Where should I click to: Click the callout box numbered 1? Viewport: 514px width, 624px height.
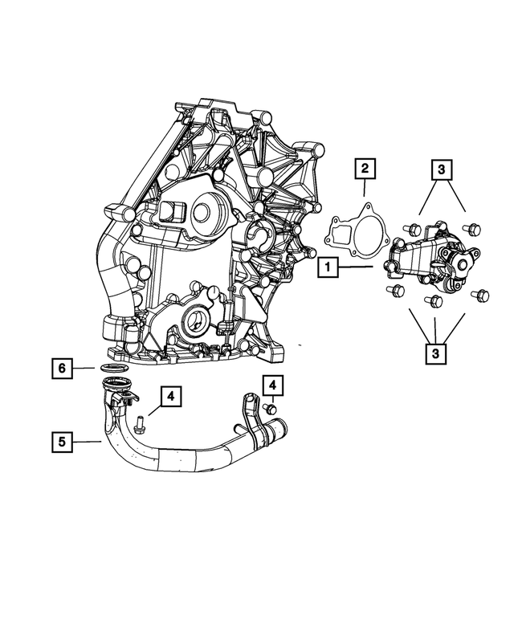tap(329, 267)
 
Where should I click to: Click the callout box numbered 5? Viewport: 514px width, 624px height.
tap(61, 440)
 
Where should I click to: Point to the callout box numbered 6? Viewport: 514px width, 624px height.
tap(61, 369)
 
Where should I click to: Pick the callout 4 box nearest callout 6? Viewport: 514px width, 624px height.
tap(171, 395)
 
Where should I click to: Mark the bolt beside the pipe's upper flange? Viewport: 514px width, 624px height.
tap(140, 422)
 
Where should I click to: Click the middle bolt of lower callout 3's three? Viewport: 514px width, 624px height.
tap(434, 301)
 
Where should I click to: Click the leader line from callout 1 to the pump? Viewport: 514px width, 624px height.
tap(357, 267)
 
